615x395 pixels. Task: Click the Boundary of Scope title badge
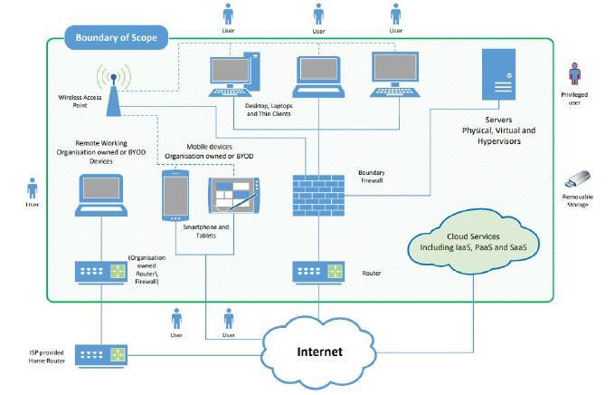tap(116, 38)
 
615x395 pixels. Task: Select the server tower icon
tap(498, 74)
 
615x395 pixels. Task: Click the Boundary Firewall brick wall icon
tap(318, 196)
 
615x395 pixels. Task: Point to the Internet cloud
tap(319, 352)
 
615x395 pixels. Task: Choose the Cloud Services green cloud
tap(473, 242)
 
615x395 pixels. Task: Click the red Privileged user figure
tap(574, 74)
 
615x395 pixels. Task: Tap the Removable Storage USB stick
tap(577, 179)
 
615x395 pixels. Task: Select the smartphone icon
tap(175, 196)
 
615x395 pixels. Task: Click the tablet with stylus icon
tap(234, 196)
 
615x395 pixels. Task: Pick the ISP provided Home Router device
tap(101, 355)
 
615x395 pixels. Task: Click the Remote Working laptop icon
tap(101, 196)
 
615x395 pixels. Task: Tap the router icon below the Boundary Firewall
tap(318, 272)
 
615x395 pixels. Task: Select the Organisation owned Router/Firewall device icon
tap(101, 272)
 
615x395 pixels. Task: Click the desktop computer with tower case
tap(234, 74)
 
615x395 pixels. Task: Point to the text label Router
tap(372, 274)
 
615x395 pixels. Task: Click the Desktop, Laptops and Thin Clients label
tap(269, 110)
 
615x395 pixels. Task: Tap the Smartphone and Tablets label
tap(206, 232)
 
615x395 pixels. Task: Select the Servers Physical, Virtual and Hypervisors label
tap(498, 130)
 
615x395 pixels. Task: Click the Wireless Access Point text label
tap(80, 101)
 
